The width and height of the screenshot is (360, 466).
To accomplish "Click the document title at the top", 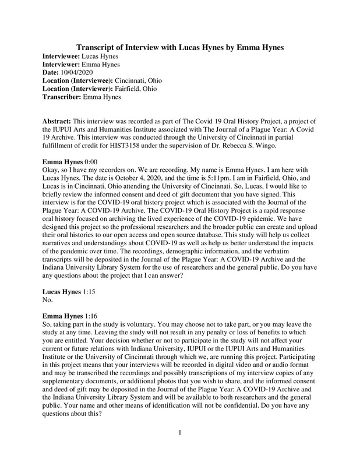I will coord(179,47).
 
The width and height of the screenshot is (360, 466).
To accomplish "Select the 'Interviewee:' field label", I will coord(62,57).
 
